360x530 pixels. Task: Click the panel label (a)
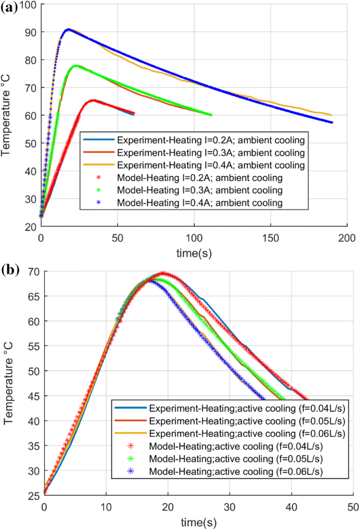(x=10, y=7)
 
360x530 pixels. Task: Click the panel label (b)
(x=10, y=270)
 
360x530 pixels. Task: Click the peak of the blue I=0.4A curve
(x=68, y=29)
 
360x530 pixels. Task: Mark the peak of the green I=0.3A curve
(x=76, y=66)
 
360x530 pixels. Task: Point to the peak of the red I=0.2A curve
(x=93, y=100)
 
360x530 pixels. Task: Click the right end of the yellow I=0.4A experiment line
(x=332, y=115)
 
